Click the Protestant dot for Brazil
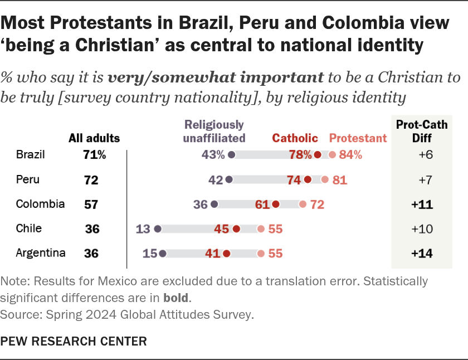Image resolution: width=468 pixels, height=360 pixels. (x=332, y=155)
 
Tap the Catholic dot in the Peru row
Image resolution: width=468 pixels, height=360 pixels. (x=308, y=180)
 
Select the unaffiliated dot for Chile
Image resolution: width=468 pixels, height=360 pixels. (x=158, y=228)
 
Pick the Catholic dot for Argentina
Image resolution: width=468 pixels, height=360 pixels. (x=226, y=254)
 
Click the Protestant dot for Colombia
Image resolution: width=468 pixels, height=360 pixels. (x=303, y=205)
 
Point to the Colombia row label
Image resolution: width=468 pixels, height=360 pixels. (x=41, y=204)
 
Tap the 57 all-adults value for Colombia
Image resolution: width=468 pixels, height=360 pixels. (x=91, y=205)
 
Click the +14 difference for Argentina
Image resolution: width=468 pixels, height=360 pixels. (x=422, y=254)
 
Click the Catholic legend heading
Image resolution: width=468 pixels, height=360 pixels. (x=295, y=138)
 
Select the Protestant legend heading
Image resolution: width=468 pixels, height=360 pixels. (x=358, y=138)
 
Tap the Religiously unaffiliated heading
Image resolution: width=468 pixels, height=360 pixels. (x=214, y=131)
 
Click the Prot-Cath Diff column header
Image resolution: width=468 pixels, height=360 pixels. (x=422, y=131)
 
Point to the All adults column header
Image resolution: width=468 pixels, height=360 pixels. (x=94, y=138)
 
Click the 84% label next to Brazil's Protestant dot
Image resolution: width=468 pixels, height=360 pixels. (x=350, y=155)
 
